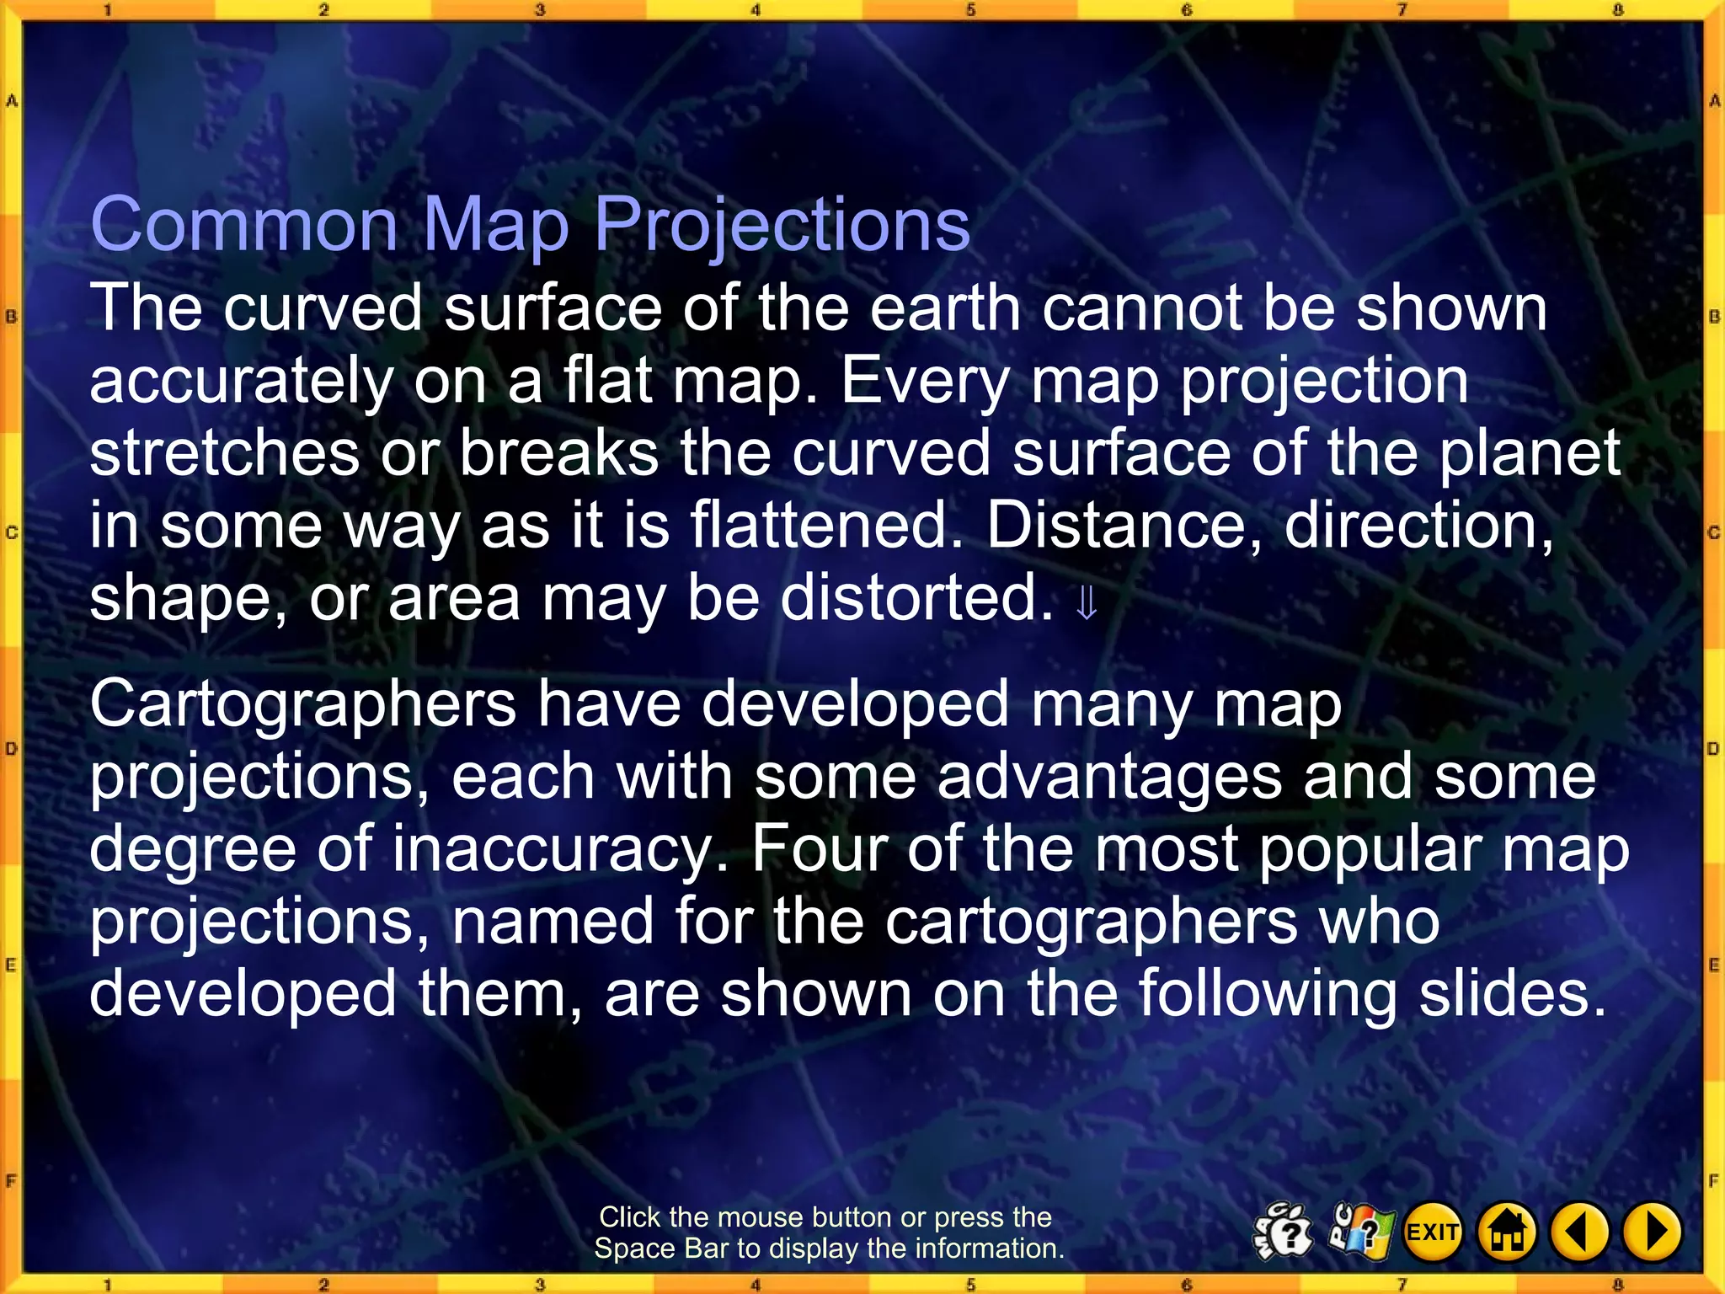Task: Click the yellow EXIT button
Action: click(1433, 1233)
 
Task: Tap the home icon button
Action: click(1507, 1233)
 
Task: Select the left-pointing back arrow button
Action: click(1579, 1233)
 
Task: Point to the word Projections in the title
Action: click(782, 226)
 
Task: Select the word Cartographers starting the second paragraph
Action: click(303, 705)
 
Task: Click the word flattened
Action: click(826, 526)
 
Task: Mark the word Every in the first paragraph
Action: click(925, 381)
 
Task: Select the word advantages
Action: click(1109, 777)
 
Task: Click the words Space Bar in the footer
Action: click(662, 1249)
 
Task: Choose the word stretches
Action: click(225, 453)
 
